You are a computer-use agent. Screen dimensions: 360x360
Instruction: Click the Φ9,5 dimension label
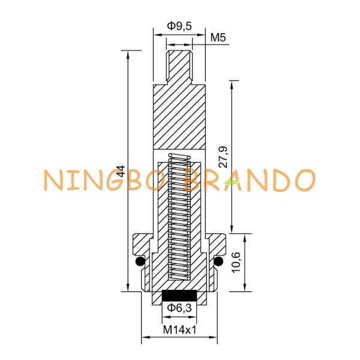pyautogui.click(x=179, y=26)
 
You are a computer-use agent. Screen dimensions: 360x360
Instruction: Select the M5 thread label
pyautogui.click(x=218, y=38)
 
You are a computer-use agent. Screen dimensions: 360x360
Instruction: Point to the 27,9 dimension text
pyautogui.click(x=223, y=157)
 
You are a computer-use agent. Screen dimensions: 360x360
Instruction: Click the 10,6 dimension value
pyautogui.click(x=236, y=262)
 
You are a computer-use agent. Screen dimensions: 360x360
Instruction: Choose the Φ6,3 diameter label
pyautogui.click(x=179, y=308)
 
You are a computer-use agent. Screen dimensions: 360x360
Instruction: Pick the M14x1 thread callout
pyautogui.click(x=180, y=330)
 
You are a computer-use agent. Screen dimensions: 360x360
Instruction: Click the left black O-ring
pyautogui.click(x=140, y=261)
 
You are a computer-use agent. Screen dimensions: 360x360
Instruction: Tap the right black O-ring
pyautogui.click(x=218, y=261)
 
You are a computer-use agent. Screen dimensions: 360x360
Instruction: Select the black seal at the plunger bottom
pyautogui.click(x=179, y=295)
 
